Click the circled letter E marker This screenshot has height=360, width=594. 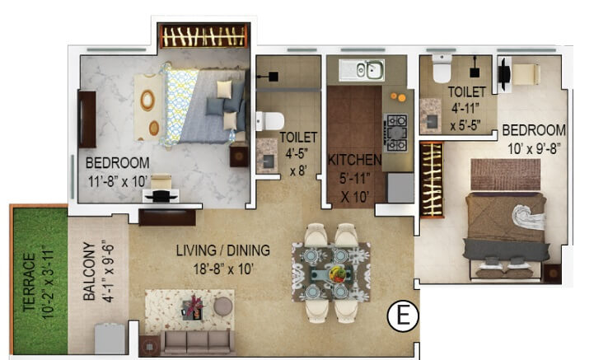coord(403,315)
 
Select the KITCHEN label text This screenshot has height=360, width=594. coord(355,159)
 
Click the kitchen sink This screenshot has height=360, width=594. coord(362,70)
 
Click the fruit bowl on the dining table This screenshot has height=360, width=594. coord(338,272)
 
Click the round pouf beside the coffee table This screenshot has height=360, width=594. coord(222,306)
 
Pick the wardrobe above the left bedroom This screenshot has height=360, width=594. coord(203,36)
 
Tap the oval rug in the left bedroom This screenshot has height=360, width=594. coord(147,102)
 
